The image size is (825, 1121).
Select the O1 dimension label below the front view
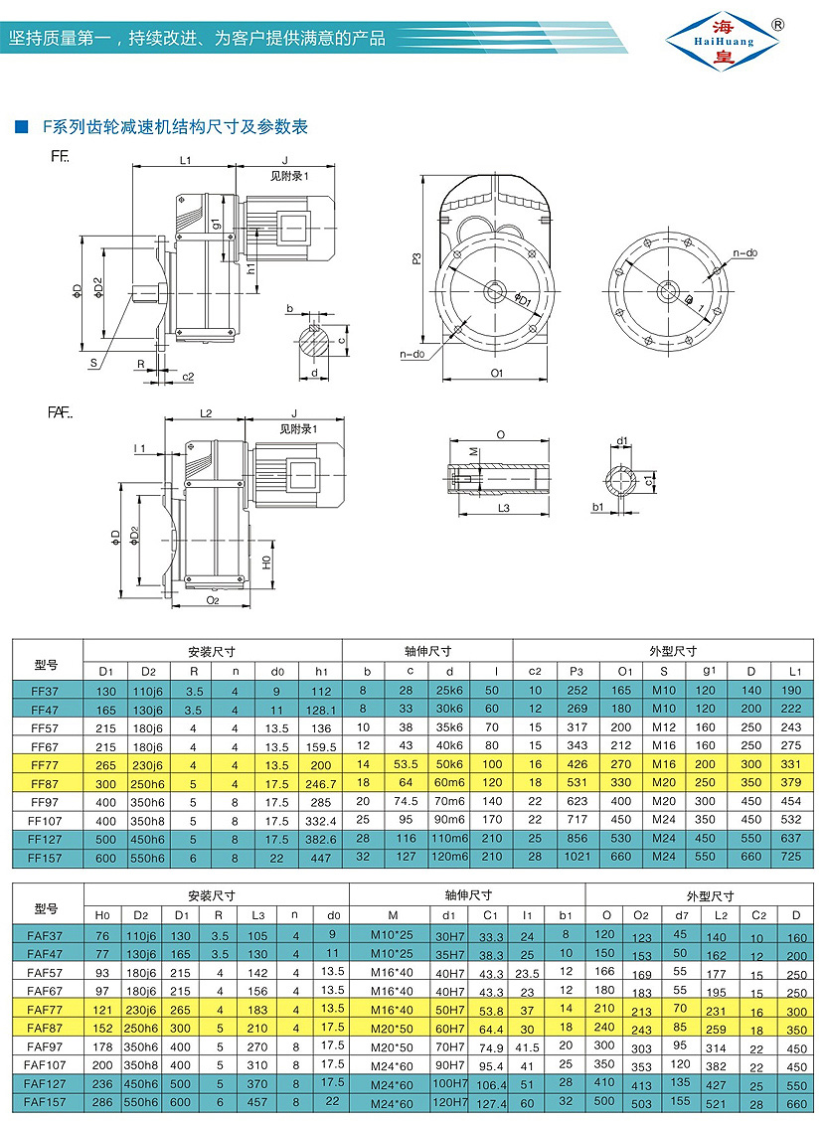tap(497, 373)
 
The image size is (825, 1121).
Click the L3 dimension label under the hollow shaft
tap(502, 508)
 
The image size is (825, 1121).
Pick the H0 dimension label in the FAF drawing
tap(265, 561)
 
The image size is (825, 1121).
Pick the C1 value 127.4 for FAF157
tap(489, 1102)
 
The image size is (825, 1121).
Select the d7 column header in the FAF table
tap(681, 915)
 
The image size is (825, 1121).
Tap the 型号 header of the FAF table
tap(47, 907)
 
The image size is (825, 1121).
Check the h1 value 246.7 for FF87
tap(320, 784)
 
